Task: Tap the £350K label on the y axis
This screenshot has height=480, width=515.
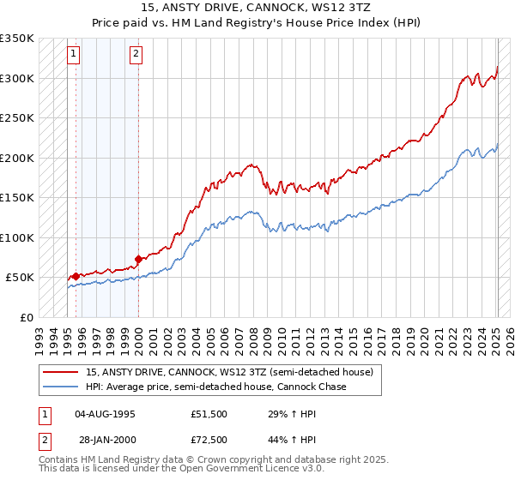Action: click(17, 39)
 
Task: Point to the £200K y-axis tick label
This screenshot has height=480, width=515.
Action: click(17, 158)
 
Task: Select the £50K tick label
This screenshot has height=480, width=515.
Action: click(21, 278)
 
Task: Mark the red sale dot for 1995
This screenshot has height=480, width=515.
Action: click(76, 276)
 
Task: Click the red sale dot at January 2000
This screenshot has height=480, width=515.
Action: click(138, 260)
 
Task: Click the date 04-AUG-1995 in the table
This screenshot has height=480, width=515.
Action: click(105, 413)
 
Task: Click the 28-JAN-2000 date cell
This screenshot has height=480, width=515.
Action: click(105, 441)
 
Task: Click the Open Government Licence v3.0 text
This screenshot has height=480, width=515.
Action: click(249, 471)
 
